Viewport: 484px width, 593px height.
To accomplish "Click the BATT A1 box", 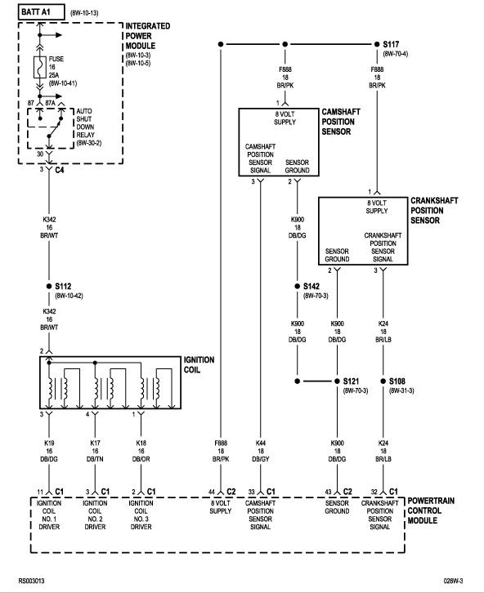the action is (41, 12).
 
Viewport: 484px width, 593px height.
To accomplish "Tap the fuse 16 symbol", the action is (40, 67).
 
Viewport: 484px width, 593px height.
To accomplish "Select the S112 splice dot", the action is (49, 286).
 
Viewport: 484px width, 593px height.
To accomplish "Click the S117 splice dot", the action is (377, 44).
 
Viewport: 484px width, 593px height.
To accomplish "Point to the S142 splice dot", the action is (298, 286).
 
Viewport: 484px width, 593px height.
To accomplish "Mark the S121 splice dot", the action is (337, 381).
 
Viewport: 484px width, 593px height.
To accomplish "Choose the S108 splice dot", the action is (383, 381).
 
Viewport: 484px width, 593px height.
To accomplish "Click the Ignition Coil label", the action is (199, 364).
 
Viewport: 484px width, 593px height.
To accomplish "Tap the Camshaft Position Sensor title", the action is (341, 122).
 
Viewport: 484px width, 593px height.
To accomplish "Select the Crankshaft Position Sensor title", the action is (434, 211).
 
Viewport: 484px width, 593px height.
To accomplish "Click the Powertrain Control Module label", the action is (431, 511).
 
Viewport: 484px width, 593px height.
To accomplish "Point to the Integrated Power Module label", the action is (148, 36).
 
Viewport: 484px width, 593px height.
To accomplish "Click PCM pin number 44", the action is (212, 492).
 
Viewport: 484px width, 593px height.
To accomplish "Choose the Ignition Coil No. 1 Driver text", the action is (49, 515).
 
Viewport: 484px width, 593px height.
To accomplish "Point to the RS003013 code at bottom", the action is (31, 581).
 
